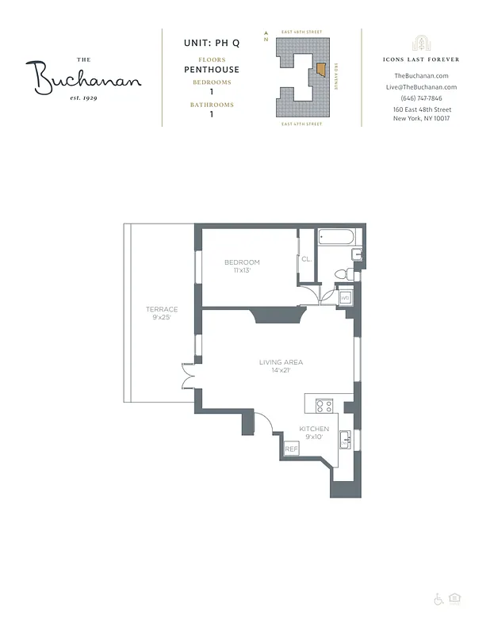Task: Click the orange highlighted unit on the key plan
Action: (x=321, y=70)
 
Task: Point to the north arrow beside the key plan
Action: (x=267, y=36)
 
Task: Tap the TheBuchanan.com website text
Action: (x=420, y=76)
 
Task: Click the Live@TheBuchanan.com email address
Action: (x=421, y=87)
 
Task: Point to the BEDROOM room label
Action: (x=242, y=262)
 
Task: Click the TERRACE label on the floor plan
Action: (x=161, y=309)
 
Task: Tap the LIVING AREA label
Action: (x=281, y=362)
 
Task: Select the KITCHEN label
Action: (x=314, y=429)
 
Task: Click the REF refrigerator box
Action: (x=291, y=449)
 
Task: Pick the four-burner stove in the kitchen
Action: (x=323, y=406)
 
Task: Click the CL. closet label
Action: (x=306, y=258)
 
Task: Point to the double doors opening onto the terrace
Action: (x=189, y=375)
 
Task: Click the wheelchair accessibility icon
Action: (x=438, y=600)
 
